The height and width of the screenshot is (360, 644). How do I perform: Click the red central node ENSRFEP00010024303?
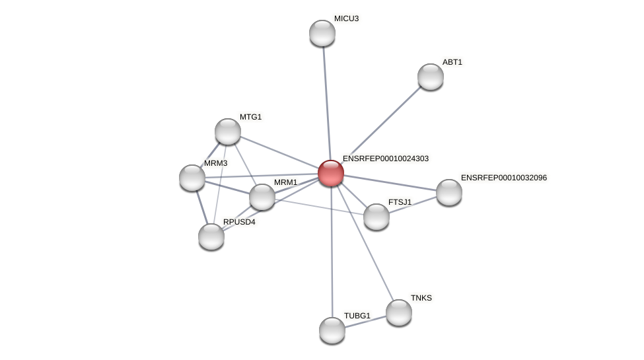coord(331,173)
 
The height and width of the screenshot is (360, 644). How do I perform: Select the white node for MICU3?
coord(322,33)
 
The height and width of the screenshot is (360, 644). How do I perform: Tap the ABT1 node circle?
coord(431,77)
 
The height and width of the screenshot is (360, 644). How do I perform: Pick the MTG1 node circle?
coord(228,131)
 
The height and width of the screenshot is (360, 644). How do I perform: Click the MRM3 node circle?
coord(192,178)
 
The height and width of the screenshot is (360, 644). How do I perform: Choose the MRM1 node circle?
coord(262,197)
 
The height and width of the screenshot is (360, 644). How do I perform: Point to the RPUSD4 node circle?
coord(211,236)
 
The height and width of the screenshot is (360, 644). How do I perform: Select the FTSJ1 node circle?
coord(376,217)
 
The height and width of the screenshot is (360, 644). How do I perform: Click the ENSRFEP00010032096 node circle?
coord(449,192)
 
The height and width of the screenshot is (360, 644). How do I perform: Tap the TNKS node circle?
coord(399,312)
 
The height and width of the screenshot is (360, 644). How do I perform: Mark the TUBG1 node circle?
coord(332,330)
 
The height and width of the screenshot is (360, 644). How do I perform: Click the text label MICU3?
coord(346,18)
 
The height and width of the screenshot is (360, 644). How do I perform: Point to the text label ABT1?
coord(452,62)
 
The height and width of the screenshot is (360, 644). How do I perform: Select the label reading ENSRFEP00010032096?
coord(503,178)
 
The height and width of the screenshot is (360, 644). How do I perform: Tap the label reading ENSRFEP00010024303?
coord(385,159)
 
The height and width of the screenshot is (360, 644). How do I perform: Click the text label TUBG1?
coord(357,316)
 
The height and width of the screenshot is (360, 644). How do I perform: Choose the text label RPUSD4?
coord(238,222)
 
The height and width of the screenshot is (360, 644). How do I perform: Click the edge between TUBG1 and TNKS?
coord(366,321)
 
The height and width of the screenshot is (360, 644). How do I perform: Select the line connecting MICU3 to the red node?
coord(326,99)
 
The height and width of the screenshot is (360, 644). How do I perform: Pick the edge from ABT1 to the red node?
coord(383,123)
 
